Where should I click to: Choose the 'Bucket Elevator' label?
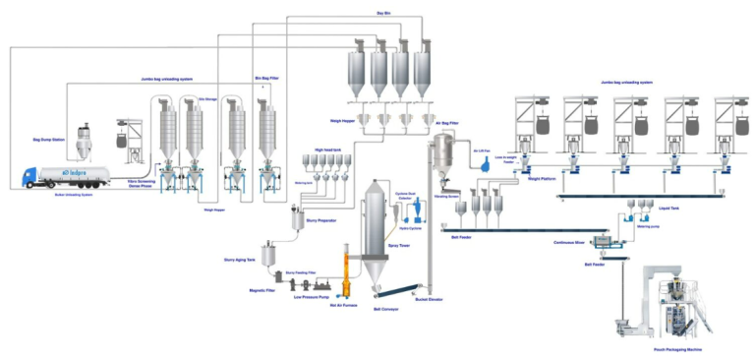(430, 299)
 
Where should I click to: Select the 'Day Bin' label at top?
(385, 13)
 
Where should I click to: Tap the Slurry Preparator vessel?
(294, 215)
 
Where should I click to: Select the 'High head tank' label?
(326, 150)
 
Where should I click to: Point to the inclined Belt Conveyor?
(391, 289)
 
